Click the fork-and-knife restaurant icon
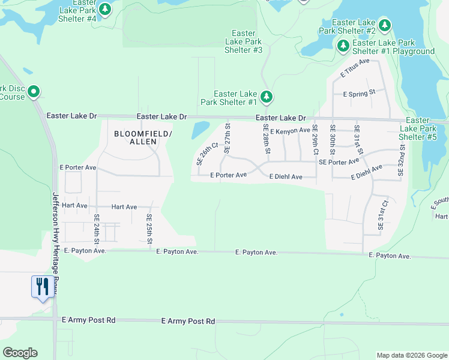coord(42,286)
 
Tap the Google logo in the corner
coord(20,353)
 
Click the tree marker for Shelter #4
coord(105,9)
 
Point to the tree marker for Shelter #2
coord(385,26)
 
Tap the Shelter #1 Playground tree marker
coord(343,46)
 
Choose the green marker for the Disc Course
coord(34,92)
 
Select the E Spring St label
coord(359,94)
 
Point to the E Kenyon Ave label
coord(290,130)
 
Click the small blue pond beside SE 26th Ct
coord(200,129)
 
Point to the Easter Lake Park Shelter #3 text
coord(243,42)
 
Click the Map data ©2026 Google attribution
coord(411,355)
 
